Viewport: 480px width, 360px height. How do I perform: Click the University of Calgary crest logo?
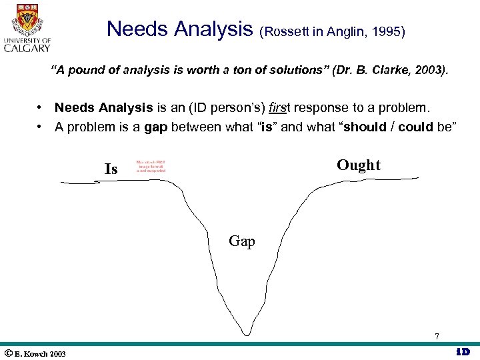27,19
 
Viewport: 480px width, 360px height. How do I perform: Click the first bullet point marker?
41,107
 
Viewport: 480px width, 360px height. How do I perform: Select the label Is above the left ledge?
111,169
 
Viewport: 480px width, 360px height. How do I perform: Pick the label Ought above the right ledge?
358,165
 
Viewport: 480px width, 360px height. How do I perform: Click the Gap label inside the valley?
241,241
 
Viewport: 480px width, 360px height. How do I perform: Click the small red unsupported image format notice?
151,166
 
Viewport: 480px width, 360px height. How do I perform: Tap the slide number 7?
437,337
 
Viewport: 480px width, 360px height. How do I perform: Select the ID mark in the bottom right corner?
463,352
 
